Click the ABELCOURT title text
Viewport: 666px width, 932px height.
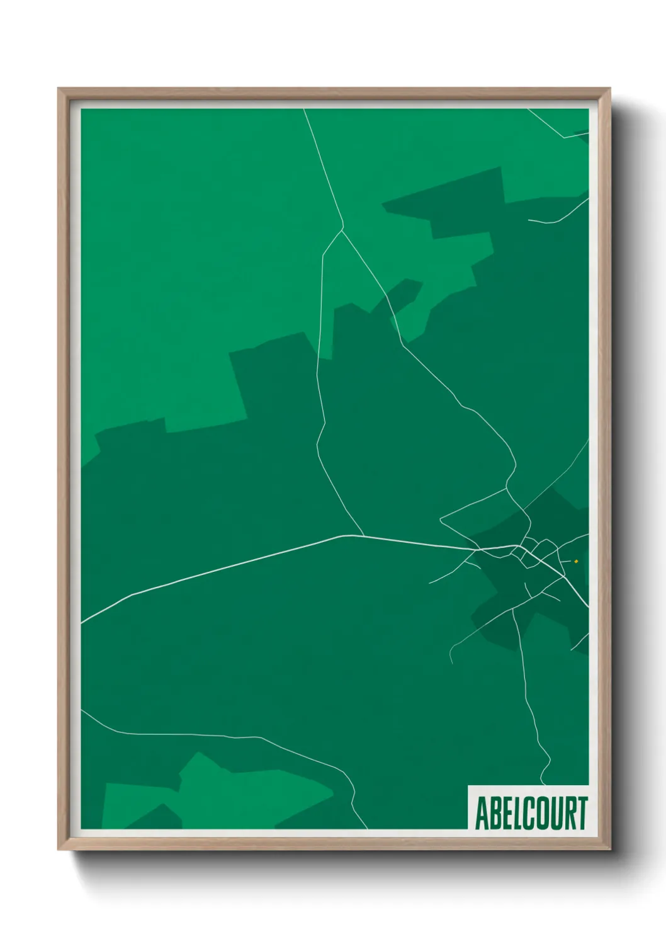point(531,813)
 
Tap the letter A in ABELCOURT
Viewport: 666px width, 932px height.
point(482,813)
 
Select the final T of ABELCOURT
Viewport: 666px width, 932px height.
point(582,813)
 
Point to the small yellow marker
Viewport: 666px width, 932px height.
point(576,561)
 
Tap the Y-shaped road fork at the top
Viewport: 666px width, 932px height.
point(342,229)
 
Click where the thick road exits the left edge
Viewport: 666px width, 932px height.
point(82,622)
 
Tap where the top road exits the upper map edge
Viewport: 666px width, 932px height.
point(304,110)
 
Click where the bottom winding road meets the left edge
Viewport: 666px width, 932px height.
point(82,710)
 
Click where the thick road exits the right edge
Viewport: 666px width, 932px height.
point(587,607)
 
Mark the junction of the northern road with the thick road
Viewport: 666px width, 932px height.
point(364,537)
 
